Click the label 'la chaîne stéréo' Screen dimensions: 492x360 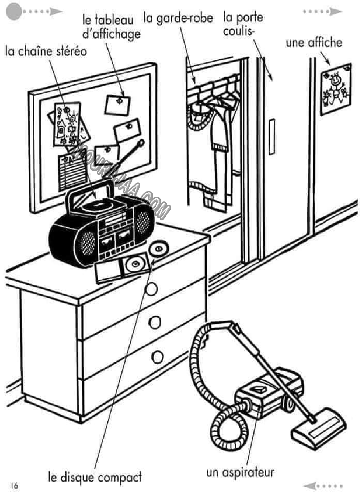click(x=46, y=50)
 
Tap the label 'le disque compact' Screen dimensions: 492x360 click(x=95, y=476)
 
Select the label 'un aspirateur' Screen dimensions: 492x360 click(x=240, y=473)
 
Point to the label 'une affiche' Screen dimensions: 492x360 click(x=314, y=43)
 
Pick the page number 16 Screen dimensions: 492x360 click(x=14, y=485)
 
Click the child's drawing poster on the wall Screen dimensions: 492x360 click(x=335, y=89)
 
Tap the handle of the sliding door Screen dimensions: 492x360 click(x=271, y=137)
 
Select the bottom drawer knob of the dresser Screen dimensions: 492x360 click(x=157, y=357)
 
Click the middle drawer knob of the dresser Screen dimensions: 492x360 click(x=155, y=322)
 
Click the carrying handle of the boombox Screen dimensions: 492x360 click(x=91, y=190)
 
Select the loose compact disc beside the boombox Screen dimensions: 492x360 click(x=159, y=249)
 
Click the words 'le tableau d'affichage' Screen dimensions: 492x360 click(x=111, y=27)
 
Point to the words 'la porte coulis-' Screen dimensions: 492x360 click(x=243, y=24)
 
